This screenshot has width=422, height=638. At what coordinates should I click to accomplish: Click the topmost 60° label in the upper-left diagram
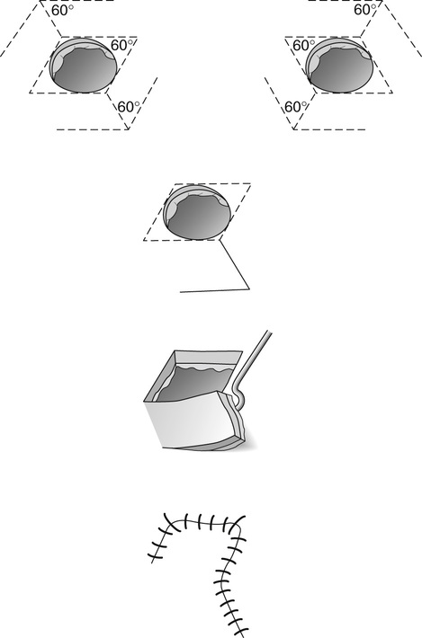63,11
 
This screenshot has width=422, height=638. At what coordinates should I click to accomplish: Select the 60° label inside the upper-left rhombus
121,45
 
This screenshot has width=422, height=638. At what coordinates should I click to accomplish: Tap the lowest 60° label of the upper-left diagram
129,107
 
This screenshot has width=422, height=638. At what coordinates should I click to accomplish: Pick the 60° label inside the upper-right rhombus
304,46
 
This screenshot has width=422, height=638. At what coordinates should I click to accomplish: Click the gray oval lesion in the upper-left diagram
83,65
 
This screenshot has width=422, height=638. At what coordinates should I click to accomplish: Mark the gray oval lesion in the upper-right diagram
339,65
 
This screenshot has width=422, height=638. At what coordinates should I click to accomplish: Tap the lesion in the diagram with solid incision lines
197,212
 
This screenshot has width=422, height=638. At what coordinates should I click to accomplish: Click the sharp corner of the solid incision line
249,288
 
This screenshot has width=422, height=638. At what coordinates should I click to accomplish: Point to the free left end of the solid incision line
181,292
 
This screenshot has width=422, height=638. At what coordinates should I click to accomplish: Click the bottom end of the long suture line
243,635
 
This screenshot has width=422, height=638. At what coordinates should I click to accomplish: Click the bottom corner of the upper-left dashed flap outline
129,129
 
